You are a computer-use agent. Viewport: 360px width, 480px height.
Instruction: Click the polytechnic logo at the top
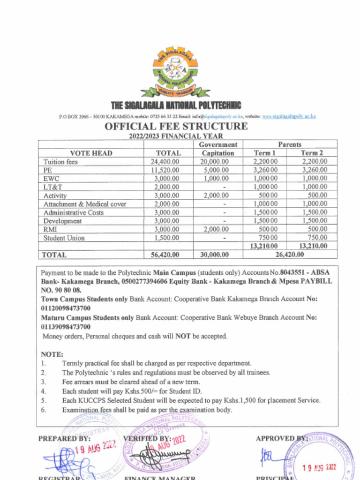pyautogui.click(x=175, y=71)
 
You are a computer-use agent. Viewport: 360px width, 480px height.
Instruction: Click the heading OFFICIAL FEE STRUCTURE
pyautogui.click(x=176, y=127)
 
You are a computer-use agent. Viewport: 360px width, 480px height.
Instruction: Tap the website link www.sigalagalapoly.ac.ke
pyautogui.click(x=289, y=116)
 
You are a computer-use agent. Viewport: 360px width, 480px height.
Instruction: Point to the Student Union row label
pyautogui.click(x=64, y=238)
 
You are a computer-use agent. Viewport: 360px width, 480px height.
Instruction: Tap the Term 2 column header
pyautogui.click(x=312, y=153)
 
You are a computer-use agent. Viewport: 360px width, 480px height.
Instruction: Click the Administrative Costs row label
pyautogui.click(x=74, y=213)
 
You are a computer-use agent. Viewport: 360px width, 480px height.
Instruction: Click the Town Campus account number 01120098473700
pyautogui.click(x=66, y=308)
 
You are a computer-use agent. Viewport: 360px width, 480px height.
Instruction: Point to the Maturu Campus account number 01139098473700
pyautogui.click(x=66, y=327)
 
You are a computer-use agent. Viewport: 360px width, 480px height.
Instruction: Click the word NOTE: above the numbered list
pyautogui.click(x=52, y=354)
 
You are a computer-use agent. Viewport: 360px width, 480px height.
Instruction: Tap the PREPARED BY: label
pyautogui.click(x=64, y=439)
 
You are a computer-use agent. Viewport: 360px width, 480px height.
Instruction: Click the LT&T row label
pyautogui.click(x=53, y=187)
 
